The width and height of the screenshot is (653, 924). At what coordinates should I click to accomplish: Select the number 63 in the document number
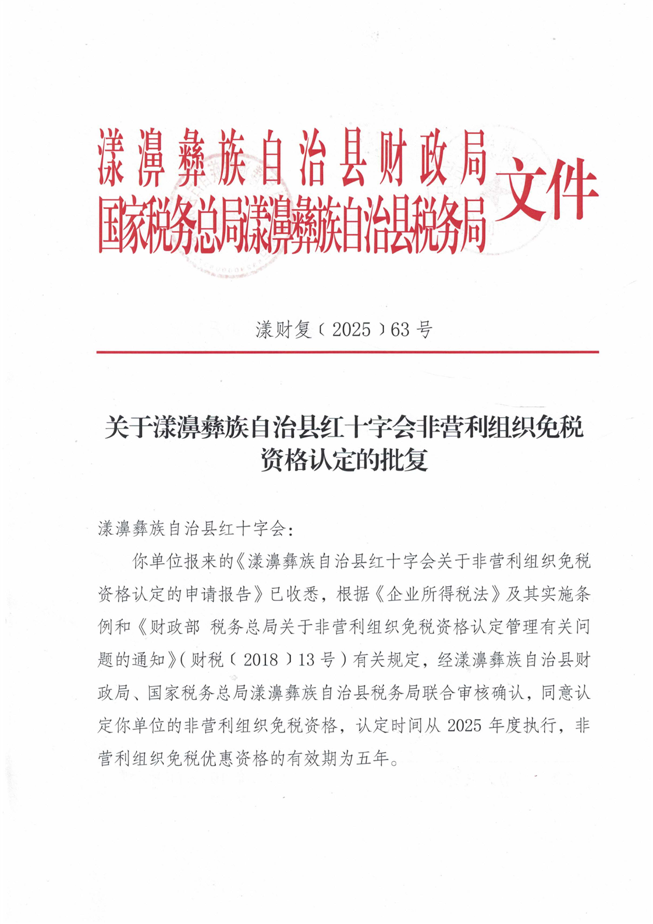[400, 330]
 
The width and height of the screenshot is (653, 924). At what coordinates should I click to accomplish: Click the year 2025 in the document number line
[351, 330]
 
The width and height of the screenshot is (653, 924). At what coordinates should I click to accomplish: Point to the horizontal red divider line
[347, 352]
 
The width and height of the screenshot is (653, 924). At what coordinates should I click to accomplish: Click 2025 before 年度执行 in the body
[464, 726]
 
